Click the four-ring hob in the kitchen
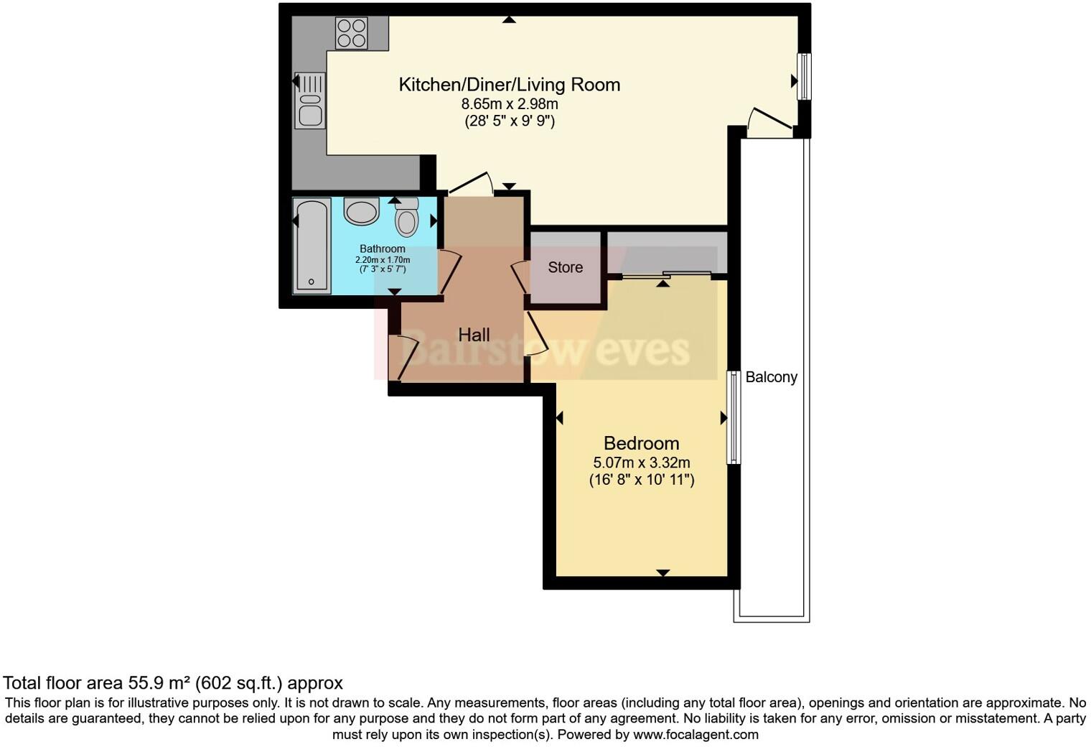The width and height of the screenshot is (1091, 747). [x=351, y=33]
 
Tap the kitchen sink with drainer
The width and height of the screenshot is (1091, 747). [x=310, y=100]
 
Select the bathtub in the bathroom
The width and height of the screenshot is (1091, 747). [x=312, y=246]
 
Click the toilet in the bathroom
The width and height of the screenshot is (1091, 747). [x=407, y=217]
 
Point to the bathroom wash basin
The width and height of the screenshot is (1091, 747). [x=360, y=211]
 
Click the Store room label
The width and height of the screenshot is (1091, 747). [x=565, y=267]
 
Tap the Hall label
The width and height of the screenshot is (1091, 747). [x=474, y=335]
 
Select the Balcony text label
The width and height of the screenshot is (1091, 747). [x=771, y=377]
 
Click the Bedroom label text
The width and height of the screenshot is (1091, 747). [x=641, y=443]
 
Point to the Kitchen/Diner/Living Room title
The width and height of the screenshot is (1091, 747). [x=509, y=85]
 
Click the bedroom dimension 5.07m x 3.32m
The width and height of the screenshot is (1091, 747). [x=641, y=463]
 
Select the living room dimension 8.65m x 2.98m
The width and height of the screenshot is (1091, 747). [x=509, y=104]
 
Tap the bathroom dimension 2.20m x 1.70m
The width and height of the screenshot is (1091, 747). [x=383, y=259]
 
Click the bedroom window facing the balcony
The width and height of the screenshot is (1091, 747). [x=733, y=417]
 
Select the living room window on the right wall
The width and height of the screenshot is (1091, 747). [x=805, y=77]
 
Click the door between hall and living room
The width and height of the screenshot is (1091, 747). [x=470, y=184]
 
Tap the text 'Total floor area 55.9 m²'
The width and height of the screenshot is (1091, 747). [x=97, y=682]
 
